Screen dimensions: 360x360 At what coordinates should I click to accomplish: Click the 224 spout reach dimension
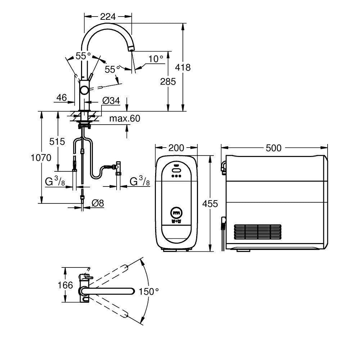click(x=108, y=16)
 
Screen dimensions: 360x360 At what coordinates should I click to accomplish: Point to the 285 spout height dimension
click(x=168, y=81)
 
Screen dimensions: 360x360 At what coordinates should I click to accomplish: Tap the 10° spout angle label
click(x=156, y=58)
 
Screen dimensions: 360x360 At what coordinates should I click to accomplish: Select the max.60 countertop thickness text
click(x=125, y=118)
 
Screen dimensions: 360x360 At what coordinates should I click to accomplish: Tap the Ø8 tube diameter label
click(x=98, y=203)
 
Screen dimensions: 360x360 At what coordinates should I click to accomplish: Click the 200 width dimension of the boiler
click(x=176, y=148)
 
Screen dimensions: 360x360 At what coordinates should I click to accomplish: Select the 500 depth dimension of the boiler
click(x=274, y=148)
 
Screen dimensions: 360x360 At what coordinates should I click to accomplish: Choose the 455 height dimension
click(x=210, y=204)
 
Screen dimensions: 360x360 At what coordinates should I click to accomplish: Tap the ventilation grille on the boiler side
click(x=257, y=232)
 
